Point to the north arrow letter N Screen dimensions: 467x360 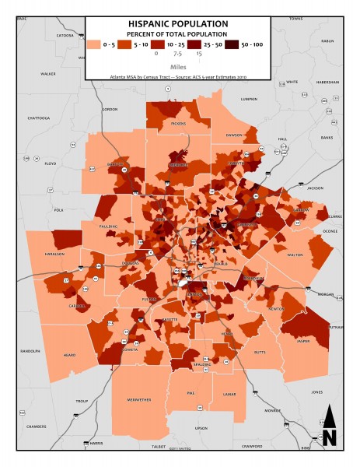point(329,437)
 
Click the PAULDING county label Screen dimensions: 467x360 point(109,226)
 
